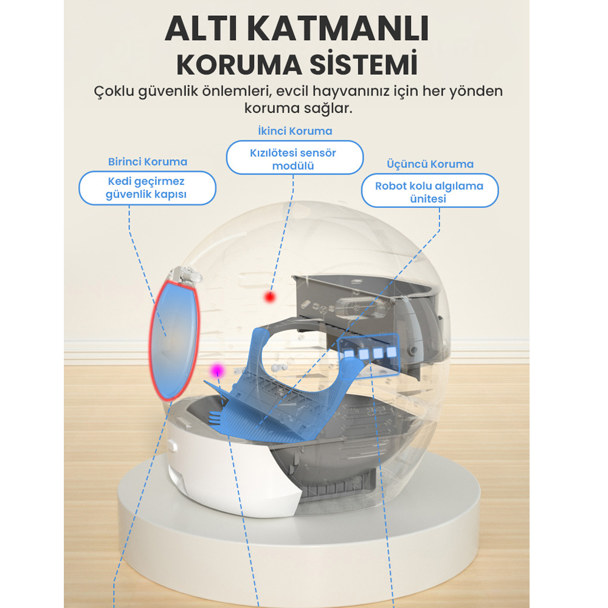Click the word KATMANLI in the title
(338, 29)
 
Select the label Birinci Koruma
(148, 162)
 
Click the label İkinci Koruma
(295, 131)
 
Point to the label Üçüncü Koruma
(430, 164)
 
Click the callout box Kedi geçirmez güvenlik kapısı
(147, 188)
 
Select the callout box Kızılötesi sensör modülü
(295, 157)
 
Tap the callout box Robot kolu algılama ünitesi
(430, 190)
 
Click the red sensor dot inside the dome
(270, 297)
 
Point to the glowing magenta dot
(218, 371)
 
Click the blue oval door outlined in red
(174, 340)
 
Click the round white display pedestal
(299, 543)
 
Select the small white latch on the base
(173, 446)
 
